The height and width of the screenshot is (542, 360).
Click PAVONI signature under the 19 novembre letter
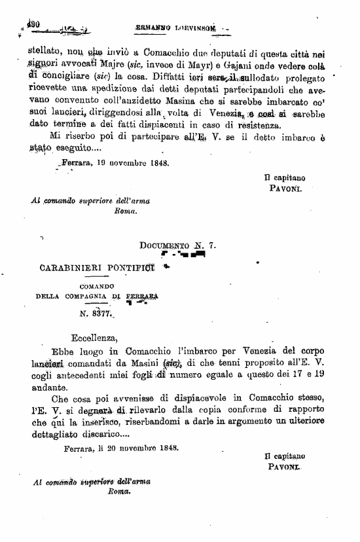(x=285, y=188)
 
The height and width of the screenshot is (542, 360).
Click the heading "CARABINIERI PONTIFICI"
(x=97, y=267)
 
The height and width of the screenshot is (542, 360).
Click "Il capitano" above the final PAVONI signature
(x=285, y=456)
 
